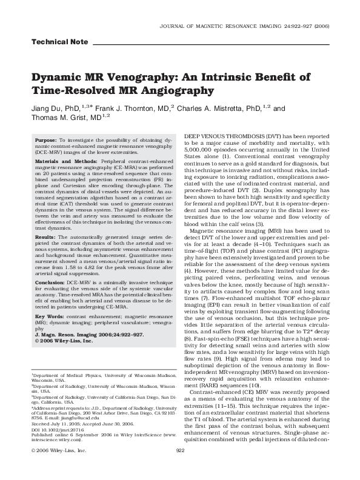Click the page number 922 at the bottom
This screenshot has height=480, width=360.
(x=179, y=468)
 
